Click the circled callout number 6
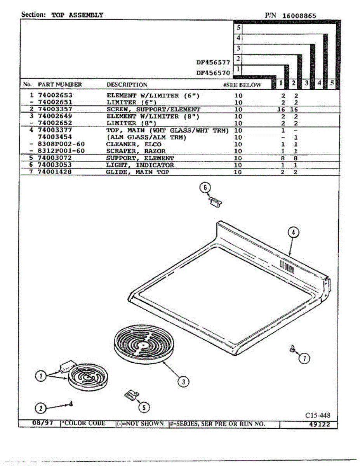[x=205, y=188]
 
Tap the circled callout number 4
[x=294, y=232]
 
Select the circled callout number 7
[x=304, y=359]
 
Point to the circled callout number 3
[x=183, y=381]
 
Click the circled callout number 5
[x=144, y=407]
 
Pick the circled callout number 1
[x=40, y=376]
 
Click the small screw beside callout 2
[x=71, y=404]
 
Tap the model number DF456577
[x=213, y=62]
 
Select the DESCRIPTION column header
[x=127, y=85]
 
